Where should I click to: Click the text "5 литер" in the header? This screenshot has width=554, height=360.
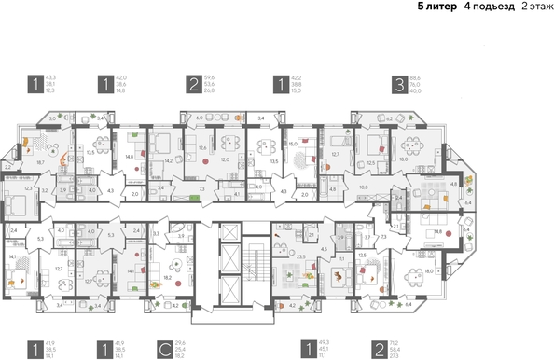424,7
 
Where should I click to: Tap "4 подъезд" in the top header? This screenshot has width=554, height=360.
476,7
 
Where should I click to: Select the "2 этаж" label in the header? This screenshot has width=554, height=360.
529,7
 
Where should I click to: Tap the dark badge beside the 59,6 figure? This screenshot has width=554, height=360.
190,83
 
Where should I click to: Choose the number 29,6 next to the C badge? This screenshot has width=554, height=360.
180,342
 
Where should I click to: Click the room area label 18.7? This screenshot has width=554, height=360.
40,161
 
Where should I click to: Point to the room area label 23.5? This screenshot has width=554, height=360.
300,256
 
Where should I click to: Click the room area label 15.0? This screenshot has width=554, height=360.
292,144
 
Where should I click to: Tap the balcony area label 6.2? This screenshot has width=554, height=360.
389,119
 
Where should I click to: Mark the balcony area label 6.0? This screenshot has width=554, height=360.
199,118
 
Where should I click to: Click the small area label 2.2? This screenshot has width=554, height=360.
7,143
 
